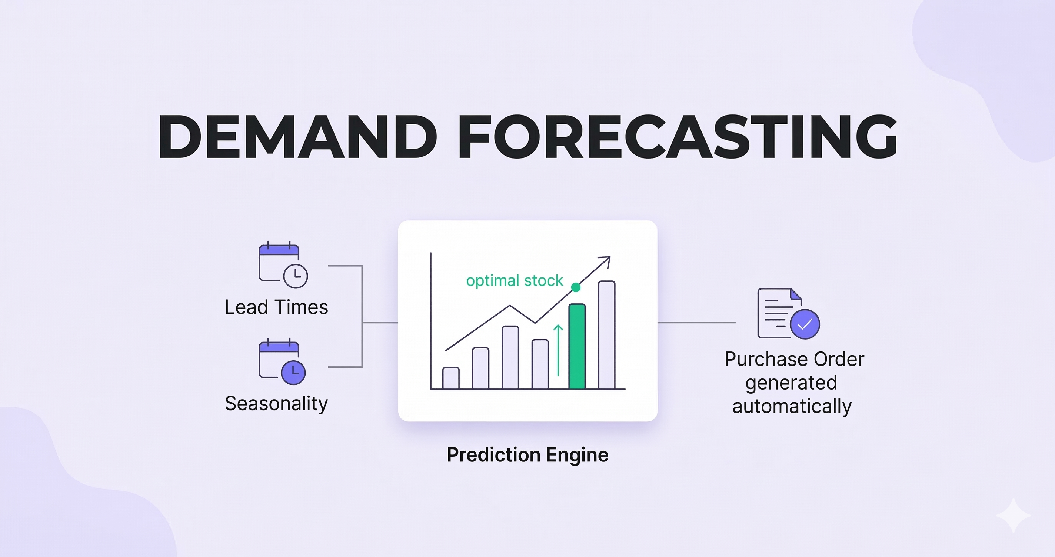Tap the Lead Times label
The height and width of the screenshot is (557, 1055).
[x=276, y=307]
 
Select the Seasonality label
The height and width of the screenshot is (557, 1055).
[x=276, y=404]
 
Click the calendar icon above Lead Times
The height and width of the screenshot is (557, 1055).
[x=283, y=264]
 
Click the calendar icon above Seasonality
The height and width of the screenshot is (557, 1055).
[x=282, y=361]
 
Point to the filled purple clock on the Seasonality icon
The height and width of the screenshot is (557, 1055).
[x=293, y=373]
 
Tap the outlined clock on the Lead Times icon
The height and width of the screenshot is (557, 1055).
[x=295, y=276]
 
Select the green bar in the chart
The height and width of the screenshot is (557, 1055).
[x=577, y=347]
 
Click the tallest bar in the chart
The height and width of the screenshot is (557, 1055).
[x=606, y=335]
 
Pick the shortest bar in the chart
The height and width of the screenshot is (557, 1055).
[x=451, y=378]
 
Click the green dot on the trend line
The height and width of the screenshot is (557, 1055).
[x=576, y=287]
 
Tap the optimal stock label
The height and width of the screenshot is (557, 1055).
[x=515, y=281]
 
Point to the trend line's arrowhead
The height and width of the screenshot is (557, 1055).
[x=606, y=261]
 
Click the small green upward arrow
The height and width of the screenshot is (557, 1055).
[x=558, y=350]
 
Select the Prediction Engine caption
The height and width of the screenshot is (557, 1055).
[x=527, y=455]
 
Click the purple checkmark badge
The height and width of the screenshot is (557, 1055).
[x=805, y=324]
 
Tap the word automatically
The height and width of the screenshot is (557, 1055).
[x=792, y=406]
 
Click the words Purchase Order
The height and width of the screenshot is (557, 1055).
[x=794, y=359]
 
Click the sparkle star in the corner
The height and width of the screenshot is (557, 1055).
[x=1014, y=516]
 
